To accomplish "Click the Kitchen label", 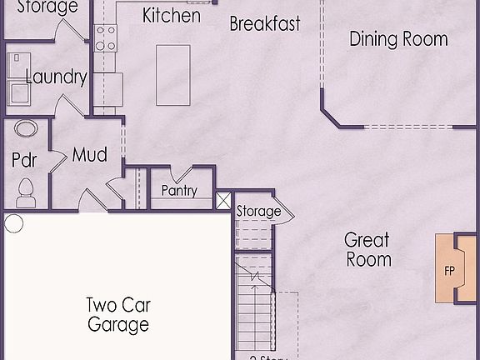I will (x=171, y=15).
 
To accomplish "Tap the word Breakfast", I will (x=264, y=23).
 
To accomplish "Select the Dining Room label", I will (x=397, y=38).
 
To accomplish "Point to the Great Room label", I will (x=367, y=250).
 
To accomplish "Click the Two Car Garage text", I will (x=118, y=314).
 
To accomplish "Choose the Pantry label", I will (x=179, y=191).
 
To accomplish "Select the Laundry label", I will (x=56, y=77).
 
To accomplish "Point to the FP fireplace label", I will (x=449, y=272).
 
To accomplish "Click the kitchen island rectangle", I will (x=173, y=75).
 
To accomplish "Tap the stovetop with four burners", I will (x=106, y=39).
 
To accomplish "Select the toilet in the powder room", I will (x=25, y=192).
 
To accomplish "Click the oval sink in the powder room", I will (x=27, y=130).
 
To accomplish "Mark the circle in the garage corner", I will (x=13, y=222).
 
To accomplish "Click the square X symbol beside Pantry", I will (x=223, y=201).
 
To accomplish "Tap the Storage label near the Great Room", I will (x=258, y=212).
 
